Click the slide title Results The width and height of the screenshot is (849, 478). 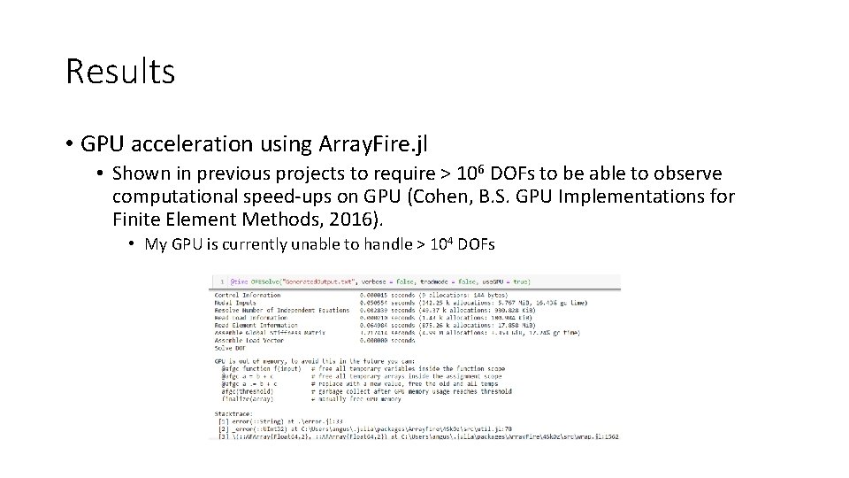(x=120, y=72)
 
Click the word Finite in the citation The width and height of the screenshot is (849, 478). (x=137, y=220)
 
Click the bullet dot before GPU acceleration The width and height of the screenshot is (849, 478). (x=70, y=144)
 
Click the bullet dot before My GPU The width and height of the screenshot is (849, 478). (x=131, y=244)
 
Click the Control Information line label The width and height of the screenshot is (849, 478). (x=248, y=295)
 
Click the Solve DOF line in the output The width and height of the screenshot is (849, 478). (x=230, y=346)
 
